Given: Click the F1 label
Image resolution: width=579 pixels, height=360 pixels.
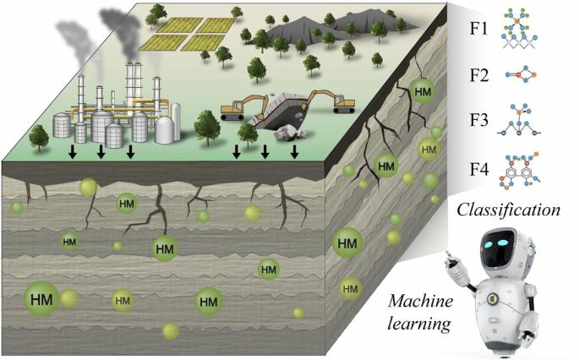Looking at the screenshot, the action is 478,29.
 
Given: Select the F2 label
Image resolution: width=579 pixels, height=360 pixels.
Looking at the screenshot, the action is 479,75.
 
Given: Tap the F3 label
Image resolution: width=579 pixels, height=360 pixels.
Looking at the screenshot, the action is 479,120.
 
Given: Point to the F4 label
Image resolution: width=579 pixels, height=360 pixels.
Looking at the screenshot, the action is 479,169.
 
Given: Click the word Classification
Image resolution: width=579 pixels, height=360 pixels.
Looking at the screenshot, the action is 509,210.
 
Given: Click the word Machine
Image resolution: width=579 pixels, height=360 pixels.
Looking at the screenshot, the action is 420,301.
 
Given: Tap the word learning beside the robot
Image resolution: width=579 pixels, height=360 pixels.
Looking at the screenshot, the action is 419,325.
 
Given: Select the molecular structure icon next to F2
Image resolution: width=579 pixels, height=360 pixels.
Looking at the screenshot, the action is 521,75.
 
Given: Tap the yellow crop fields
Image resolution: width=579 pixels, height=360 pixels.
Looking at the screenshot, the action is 187,34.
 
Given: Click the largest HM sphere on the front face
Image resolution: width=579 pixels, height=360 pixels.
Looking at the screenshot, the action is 41,298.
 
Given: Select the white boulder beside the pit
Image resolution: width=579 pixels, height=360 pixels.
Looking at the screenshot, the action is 289,132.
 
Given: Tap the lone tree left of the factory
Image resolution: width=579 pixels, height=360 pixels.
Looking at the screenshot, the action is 39,138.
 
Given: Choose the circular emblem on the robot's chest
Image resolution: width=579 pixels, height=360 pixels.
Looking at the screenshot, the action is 491,298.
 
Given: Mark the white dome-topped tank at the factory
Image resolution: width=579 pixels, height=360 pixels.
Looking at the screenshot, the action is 165,129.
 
